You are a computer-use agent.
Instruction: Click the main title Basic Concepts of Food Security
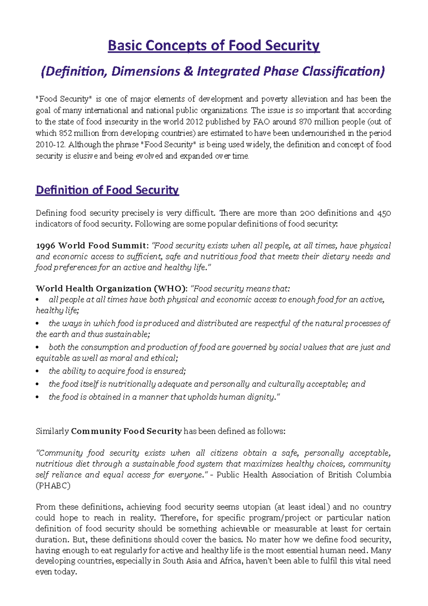point(214,46)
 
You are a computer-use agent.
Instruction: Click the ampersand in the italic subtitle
point(188,71)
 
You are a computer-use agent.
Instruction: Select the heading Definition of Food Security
point(107,190)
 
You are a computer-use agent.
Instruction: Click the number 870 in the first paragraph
point(305,122)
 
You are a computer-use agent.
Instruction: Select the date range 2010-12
point(50,145)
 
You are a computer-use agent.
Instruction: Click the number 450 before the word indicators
point(383,213)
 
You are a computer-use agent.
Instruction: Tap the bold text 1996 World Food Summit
point(91,246)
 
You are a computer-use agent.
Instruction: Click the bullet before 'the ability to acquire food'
point(37,372)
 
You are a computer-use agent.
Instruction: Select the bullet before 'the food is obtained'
point(37,397)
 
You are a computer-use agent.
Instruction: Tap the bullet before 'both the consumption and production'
point(37,347)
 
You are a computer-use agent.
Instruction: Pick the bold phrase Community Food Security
point(126,431)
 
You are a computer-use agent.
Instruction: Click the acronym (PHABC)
point(53,486)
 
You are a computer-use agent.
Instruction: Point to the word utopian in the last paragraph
point(257,507)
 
